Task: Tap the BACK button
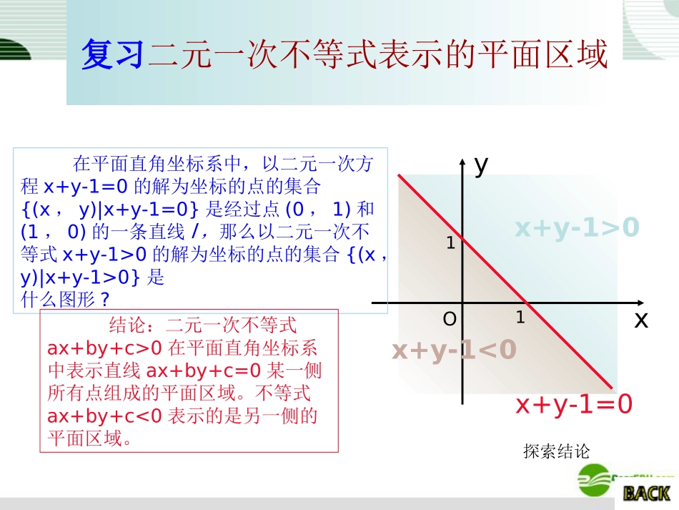click(x=645, y=493)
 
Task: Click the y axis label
click(x=481, y=166)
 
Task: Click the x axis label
click(x=640, y=321)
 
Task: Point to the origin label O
click(x=450, y=320)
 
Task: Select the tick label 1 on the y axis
click(x=450, y=243)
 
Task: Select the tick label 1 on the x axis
click(x=520, y=316)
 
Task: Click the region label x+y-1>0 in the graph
click(x=577, y=227)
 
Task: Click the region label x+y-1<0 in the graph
click(x=454, y=350)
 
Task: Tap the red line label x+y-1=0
click(x=574, y=405)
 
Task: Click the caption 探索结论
click(x=557, y=451)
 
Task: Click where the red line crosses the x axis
click(x=526, y=303)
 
